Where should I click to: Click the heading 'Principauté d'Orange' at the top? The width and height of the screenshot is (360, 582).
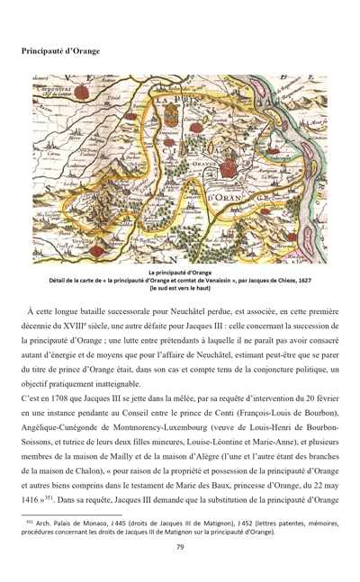click(61, 51)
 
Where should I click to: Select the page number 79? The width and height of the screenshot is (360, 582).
click(180, 547)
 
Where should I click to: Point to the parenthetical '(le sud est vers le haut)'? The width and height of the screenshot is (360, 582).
click(180, 287)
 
